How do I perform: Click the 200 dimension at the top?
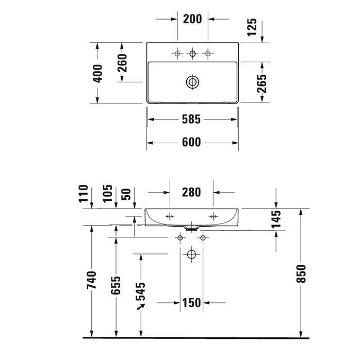pyautogui.click(x=192, y=19)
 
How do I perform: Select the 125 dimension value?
pyautogui.click(x=252, y=27)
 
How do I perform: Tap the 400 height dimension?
pyautogui.click(x=98, y=73)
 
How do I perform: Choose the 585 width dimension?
pyautogui.click(x=191, y=119)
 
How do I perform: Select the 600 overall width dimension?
pyautogui.click(x=191, y=143)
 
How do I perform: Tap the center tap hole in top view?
pyautogui.click(x=192, y=53)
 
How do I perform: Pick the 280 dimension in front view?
pyautogui.click(x=191, y=193)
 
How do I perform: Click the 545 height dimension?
pyautogui.click(x=141, y=291)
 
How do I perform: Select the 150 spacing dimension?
pyautogui.click(x=191, y=303)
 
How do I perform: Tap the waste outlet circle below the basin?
pyautogui.click(x=191, y=254)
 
